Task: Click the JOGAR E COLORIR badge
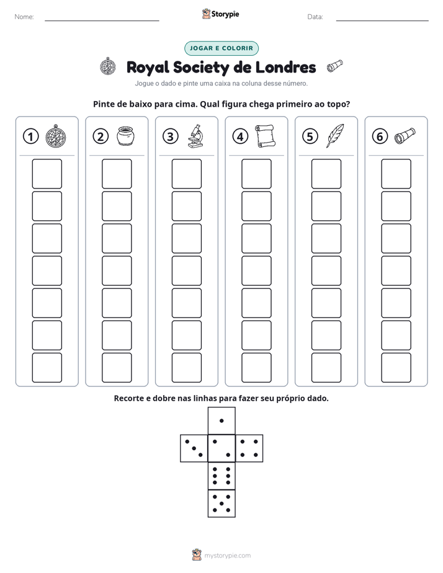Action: [x=221, y=48]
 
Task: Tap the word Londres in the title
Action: [x=285, y=67]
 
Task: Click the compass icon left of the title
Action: [x=108, y=66]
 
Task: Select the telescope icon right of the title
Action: [x=335, y=66]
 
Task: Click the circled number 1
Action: [x=30, y=136]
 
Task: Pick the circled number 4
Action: [x=240, y=136]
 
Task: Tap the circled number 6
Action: [x=380, y=136]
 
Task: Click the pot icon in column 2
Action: [x=126, y=136]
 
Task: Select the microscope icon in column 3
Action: [x=195, y=136]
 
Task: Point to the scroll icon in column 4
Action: [x=265, y=136]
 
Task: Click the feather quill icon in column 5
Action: [x=335, y=136]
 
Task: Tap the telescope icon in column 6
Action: [x=405, y=136]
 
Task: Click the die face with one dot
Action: [x=221, y=420]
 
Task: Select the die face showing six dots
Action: [x=221, y=476]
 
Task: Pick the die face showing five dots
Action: [x=221, y=504]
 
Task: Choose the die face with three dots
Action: [x=194, y=448]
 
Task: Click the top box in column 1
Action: [x=47, y=174]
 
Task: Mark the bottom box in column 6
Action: [x=396, y=368]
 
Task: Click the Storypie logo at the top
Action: [x=220, y=14]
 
